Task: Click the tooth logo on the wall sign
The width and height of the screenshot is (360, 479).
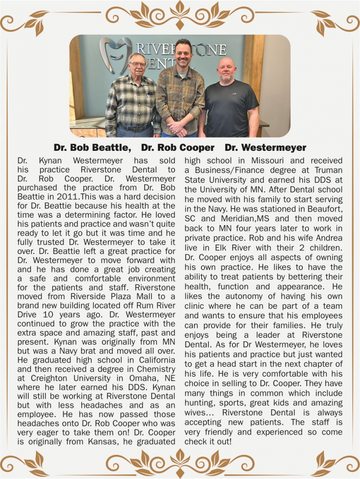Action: click(x=115, y=54)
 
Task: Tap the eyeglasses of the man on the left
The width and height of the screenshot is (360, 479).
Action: click(x=137, y=65)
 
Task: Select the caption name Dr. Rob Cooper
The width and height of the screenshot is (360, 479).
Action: click(x=177, y=148)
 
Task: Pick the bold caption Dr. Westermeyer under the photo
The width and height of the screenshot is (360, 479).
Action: click(x=265, y=148)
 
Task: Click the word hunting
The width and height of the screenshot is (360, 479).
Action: click(x=199, y=403)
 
